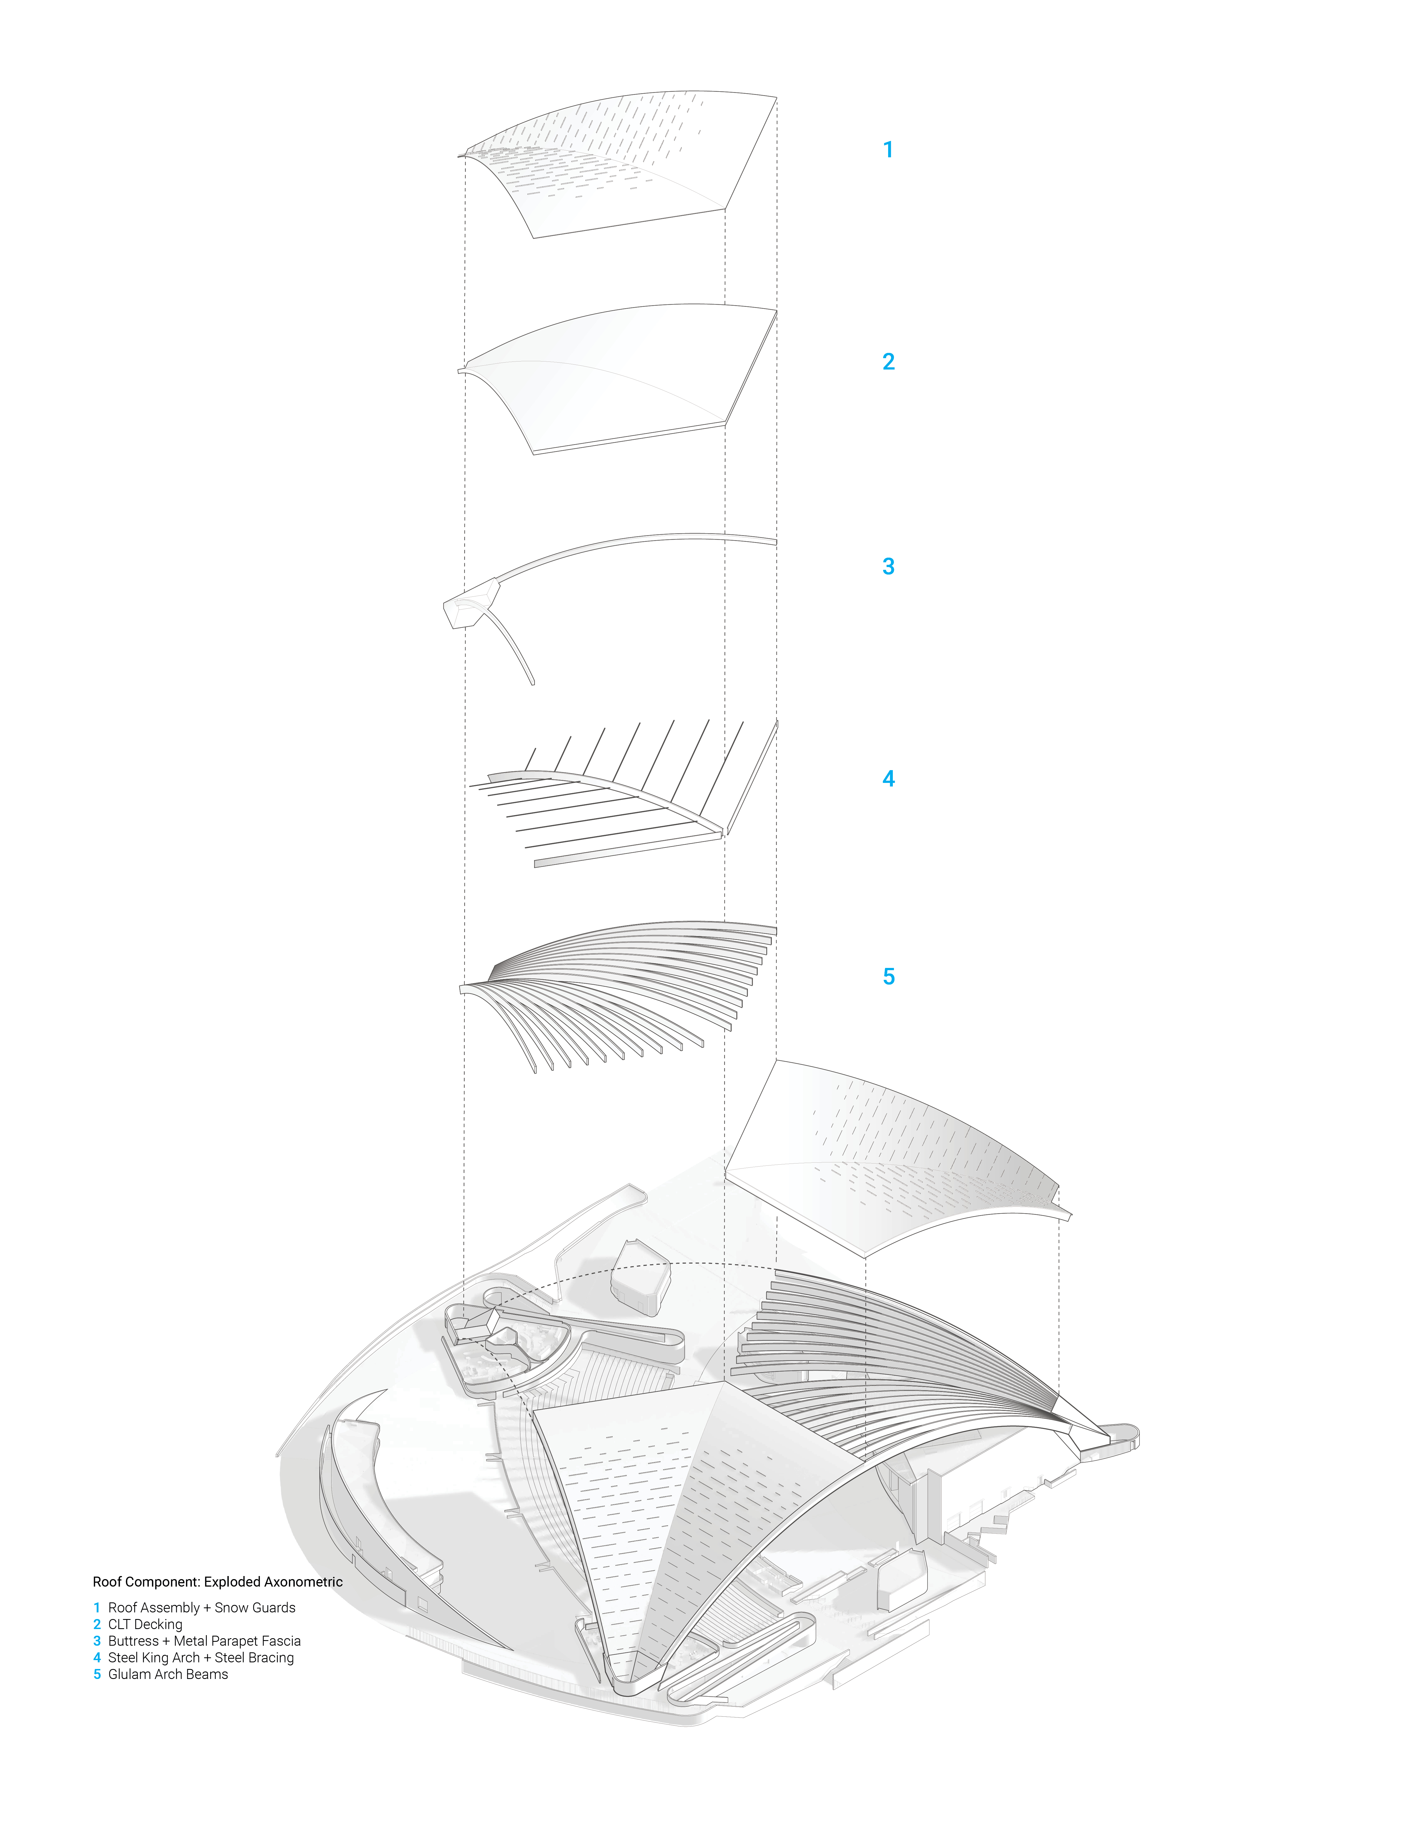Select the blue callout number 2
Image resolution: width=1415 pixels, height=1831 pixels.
(889, 361)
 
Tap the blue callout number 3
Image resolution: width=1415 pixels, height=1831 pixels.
(889, 567)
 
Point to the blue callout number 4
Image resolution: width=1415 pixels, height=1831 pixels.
(889, 779)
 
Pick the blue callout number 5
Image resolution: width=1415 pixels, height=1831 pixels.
(889, 977)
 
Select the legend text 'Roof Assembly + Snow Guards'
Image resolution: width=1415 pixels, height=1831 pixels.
(201, 1608)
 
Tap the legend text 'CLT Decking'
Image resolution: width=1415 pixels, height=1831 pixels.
(145, 1625)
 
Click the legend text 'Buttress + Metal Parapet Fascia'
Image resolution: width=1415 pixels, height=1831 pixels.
(204, 1642)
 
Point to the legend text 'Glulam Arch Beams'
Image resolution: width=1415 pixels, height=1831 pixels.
(168, 1675)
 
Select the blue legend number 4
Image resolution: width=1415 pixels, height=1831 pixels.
(97, 1658)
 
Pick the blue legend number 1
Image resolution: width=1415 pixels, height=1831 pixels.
(97, 1608)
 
